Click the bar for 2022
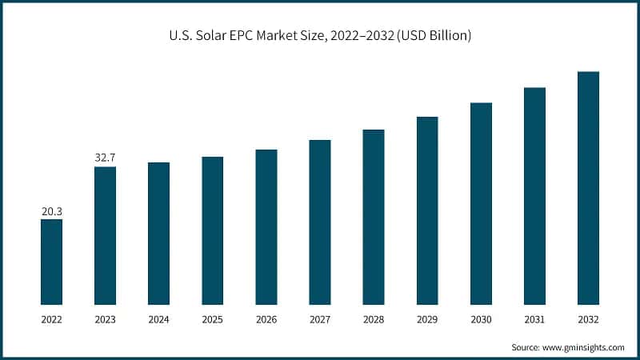tap(51, 262)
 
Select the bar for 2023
tap(105, 235)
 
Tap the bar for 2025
tap(212, 230)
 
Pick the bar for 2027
tap(320, 222)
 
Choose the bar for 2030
tap(481, 203)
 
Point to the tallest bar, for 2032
tap(588, 188)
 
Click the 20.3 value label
tap(51, 211)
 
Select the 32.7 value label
tap(105, 158)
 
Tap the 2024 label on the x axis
tap(158, 319)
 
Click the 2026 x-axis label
tap(266, 319)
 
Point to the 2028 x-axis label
tap(374, 319)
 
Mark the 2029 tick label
tap(427, 319)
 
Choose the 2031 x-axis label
tap(534, 319)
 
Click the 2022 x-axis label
tap(51, 319)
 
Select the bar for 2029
tap(427, 210)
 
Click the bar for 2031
tap(534, 196)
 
